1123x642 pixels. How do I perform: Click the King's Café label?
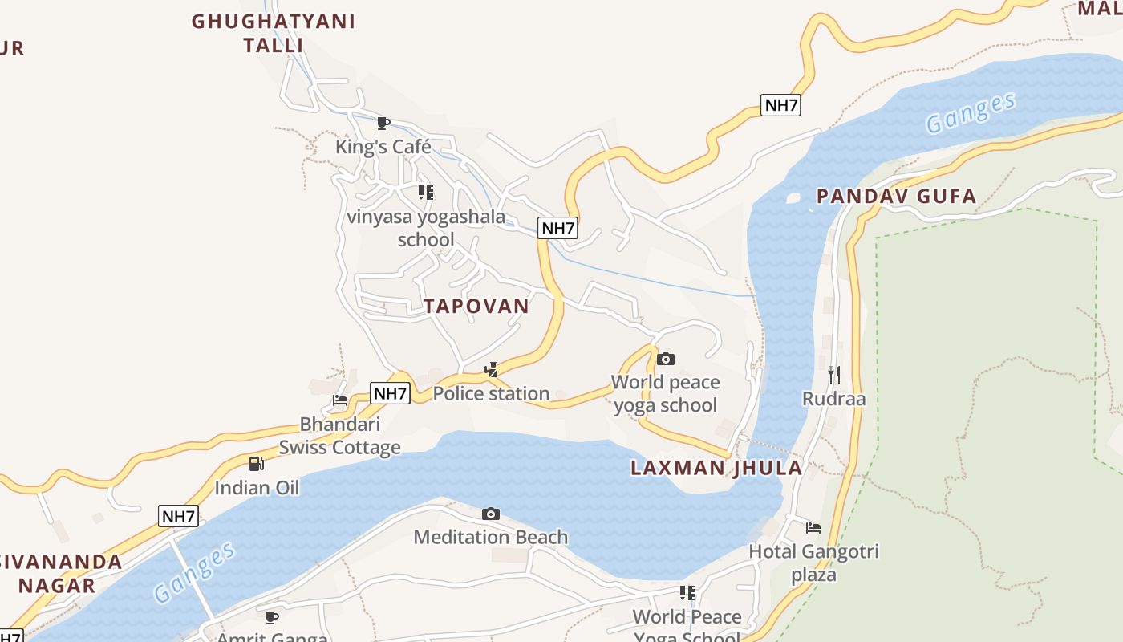(x=383, y=147)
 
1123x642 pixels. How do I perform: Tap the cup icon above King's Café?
(x=383, y=123)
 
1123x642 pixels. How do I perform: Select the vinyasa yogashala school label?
(x=426, y=228)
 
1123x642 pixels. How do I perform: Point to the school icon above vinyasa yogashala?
(x=426, y=193)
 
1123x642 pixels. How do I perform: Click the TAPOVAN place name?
(x=476, y=306)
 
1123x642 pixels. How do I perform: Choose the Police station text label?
(x=491, y=393)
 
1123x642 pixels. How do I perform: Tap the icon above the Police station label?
(x=491, y=370)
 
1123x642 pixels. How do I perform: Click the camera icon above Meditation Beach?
(x=491, y=514)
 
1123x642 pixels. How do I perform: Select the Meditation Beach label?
(x=491, y=537)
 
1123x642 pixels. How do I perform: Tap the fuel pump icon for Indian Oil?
(x=256, y=464)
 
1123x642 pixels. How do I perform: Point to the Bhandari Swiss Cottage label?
(x=339, y=436)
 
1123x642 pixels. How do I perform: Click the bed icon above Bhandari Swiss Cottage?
(x=340, y=400)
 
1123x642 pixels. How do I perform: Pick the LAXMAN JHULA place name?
(x=716, y=468)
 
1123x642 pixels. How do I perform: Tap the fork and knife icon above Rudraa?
(x=834, y=374)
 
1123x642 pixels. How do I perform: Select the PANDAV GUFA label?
(x=896, y=196)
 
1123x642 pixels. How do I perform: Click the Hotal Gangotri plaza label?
(x=813, y=563)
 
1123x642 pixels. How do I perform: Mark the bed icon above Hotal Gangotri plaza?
(x=813, y=528)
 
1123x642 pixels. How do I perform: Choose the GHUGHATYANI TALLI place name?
(x=273, y=33)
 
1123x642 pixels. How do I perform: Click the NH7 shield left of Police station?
(x=391, y=393)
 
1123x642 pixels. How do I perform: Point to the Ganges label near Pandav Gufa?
(x=970, y=113)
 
